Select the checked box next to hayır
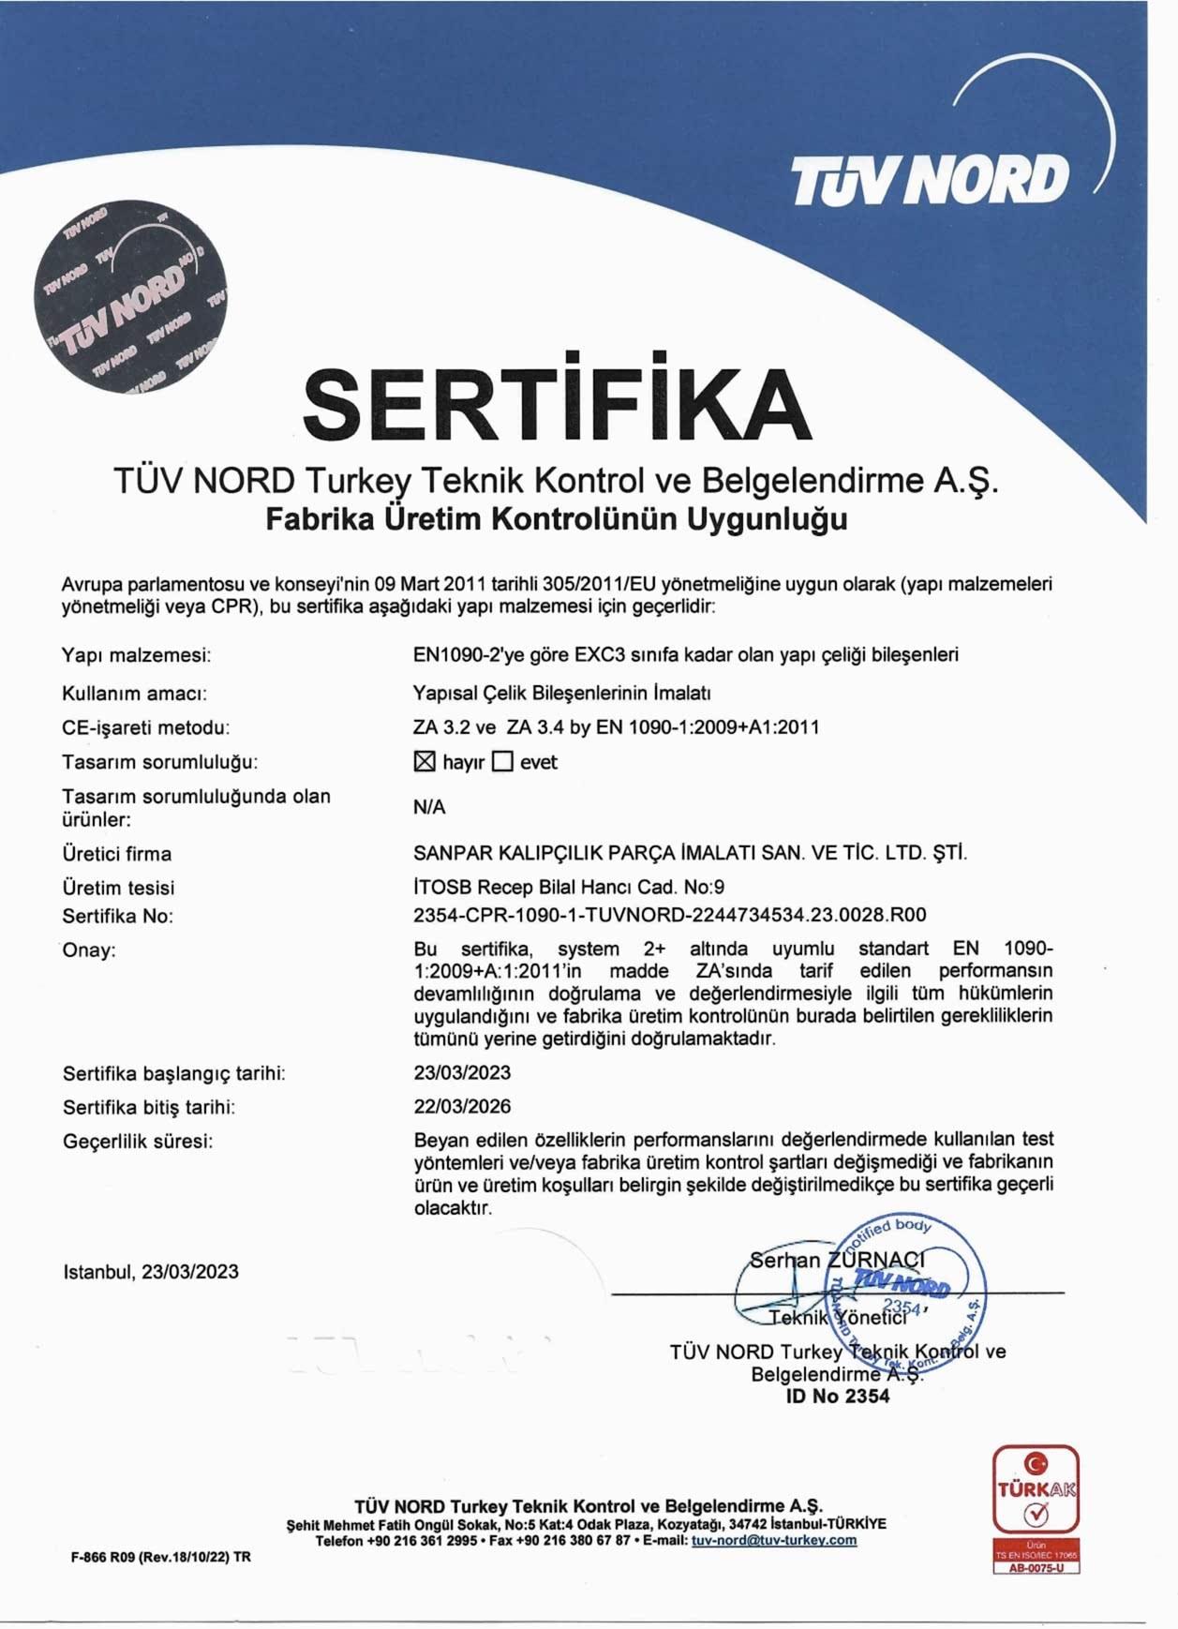(425, 762)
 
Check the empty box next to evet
(503, 762)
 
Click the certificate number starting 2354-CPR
(669, 915)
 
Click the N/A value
(429, 807)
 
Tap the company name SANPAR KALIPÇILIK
(690, 853)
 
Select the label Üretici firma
(117, 854)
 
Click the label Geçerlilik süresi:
(138, 1141)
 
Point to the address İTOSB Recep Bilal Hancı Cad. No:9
(569, 887)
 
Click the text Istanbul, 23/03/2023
(151, 1272)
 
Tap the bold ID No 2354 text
(838, 1396)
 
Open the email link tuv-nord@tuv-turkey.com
(774, 1540)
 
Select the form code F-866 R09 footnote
(161, 1557)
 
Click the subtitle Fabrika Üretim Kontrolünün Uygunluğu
(557, 518)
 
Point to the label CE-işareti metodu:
(145, 727)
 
